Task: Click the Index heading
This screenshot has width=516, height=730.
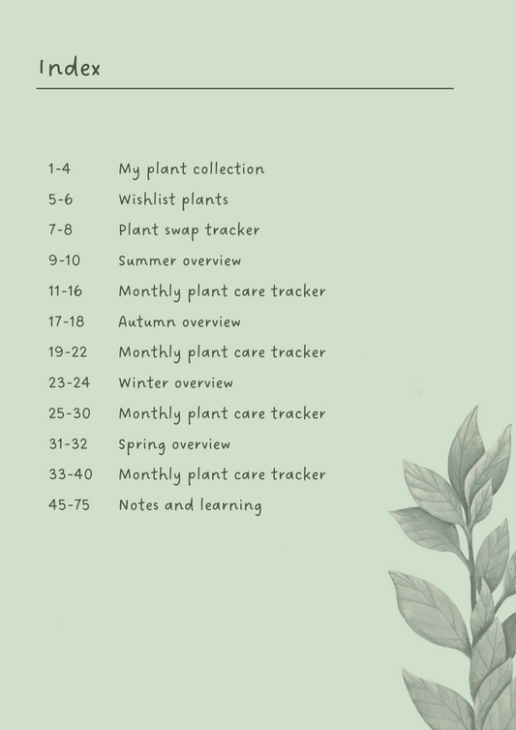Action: [x=69, y=68]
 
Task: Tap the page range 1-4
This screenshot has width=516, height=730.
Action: [x=59, y=169]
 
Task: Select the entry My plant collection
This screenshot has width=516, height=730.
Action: [x=191, y=169]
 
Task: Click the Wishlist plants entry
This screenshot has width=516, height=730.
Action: [x=173, y=200]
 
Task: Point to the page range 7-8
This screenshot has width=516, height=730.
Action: [x=60, y=230]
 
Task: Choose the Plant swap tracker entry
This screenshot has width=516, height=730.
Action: [x=189, y=230]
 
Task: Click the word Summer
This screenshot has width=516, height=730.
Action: [x=147, y=261]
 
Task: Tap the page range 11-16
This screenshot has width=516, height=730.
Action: [x=65, y=291]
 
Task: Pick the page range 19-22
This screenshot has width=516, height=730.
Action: [x=67, y=352]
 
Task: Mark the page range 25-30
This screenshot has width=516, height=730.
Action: [x=69, y=413]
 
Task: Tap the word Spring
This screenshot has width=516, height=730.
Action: [x=141, y=445]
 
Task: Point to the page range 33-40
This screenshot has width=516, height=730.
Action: [x=69, y=475]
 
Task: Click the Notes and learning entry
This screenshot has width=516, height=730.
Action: [x=190, y=505]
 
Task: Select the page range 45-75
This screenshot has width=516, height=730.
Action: [x=69, y=505]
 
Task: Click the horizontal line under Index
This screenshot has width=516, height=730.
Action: [x=245, y=89]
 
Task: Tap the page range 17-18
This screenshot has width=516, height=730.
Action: [x=66, y=322]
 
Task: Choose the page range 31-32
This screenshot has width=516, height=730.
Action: [x=68, y=444]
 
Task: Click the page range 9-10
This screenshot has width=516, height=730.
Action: [x=64, y=261]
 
